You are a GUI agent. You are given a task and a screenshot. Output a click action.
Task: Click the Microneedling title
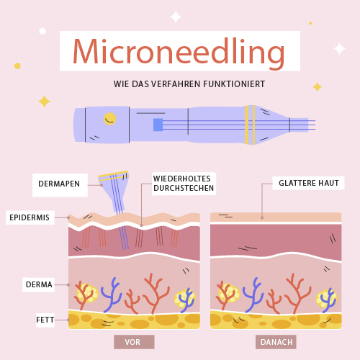point(179,53)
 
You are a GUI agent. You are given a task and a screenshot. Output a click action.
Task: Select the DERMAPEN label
point(59,184)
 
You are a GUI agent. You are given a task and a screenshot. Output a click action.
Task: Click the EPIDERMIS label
point(30,217)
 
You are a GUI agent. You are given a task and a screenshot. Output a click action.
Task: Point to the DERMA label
point(39,284)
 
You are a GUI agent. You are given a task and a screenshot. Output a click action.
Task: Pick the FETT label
point(45,320)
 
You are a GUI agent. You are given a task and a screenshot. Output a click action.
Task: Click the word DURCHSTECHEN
point(184,188)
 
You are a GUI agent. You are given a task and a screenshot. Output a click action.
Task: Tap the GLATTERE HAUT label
point(309,183)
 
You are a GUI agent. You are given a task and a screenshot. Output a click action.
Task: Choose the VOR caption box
point(134,342)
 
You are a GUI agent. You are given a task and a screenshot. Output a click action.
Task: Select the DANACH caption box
point(276,342)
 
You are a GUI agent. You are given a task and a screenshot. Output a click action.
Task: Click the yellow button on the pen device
point(110,119)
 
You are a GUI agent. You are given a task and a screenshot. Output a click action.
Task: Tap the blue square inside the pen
point(158,125)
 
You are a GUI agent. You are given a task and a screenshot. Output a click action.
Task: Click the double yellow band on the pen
point(250,125)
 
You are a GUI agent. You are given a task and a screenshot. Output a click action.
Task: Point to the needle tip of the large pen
point(315,125)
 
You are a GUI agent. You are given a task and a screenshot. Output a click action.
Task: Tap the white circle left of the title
point(42,31)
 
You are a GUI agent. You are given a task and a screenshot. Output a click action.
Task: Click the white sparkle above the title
point(176,17)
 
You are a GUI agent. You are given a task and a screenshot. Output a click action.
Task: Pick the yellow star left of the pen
point(44,102)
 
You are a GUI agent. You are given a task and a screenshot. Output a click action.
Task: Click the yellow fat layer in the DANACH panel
point(276,320)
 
